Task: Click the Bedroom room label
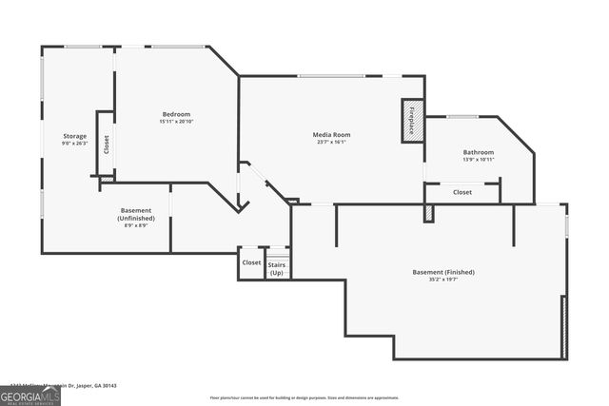click(176, 114)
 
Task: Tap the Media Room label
click(332, 135)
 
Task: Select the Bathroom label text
click(479, 152)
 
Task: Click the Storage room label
click(75, 136)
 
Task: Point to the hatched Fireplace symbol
click(412, 122)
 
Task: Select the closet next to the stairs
click(251, 262)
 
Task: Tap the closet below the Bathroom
click(462, 192)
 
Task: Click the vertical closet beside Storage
click(106, 144)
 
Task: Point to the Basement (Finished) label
click(443, 272)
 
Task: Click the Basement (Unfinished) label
click(136, 214)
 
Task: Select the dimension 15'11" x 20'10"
click(176, 122)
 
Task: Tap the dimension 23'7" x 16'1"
click(332, 143)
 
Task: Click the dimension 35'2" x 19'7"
click(443, 280)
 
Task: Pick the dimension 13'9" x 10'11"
click(479, 160)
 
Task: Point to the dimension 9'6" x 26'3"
click(75, 144)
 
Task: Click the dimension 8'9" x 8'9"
click(136, 225)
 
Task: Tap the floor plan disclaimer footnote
click(304, 397)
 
